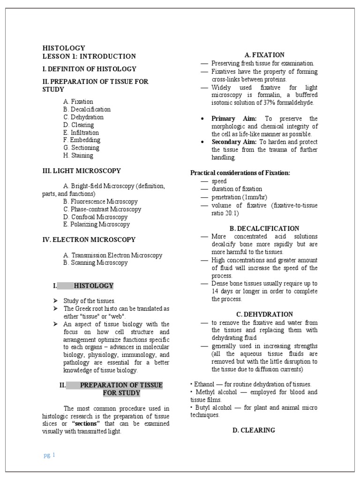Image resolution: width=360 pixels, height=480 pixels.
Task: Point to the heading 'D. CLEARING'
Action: (254, 430)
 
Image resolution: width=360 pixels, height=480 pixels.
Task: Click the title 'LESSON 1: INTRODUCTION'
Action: (89, 56)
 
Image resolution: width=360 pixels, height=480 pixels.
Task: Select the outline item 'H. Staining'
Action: (78, 155)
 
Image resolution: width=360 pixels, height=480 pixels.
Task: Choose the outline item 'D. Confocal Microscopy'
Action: (96, 217)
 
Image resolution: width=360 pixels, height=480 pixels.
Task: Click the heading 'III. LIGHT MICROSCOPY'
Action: (82, 171)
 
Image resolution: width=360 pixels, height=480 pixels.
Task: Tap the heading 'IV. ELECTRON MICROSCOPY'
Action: (89, 240)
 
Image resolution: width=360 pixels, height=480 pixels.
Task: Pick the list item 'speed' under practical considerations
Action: (219, 181)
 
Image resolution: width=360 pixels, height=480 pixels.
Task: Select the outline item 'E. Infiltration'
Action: (81, 132)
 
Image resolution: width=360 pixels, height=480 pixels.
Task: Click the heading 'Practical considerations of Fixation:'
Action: (240, 173)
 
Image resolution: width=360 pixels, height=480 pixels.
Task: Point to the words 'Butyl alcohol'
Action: (210, 407)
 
